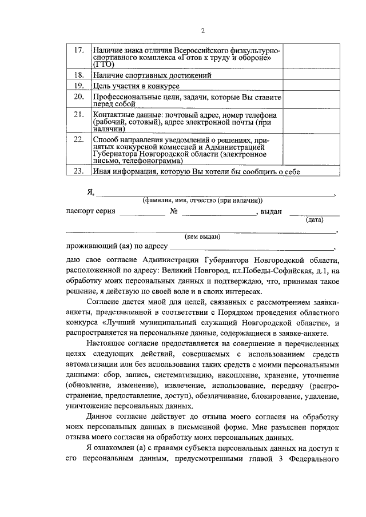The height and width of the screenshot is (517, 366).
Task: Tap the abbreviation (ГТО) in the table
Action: point(102,65)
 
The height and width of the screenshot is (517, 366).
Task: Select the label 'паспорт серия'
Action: point(91,211)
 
